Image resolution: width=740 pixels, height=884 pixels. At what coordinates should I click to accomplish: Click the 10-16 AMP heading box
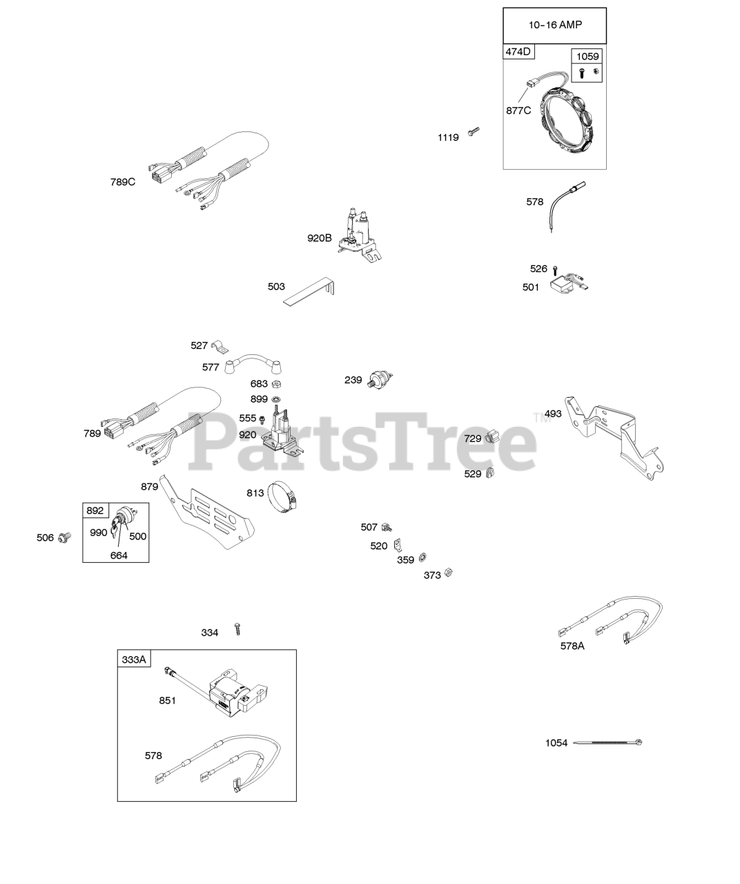pos(555,26)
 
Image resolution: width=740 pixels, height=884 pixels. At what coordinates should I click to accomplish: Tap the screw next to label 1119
pos(474,131)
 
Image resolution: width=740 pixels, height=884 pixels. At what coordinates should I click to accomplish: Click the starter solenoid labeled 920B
pos(361,235)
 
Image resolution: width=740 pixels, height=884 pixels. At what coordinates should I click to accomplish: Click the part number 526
pos(538,269)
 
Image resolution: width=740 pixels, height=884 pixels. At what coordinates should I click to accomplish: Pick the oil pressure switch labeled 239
pos(380,378)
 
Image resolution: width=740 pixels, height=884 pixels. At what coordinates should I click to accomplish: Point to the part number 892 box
pos(95,510)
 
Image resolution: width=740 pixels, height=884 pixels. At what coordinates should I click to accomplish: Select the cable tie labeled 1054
pos(608,742)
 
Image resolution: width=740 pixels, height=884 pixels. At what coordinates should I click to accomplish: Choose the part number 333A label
pos(134,660)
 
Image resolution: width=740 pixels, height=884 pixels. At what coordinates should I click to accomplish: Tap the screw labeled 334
pos(237,628)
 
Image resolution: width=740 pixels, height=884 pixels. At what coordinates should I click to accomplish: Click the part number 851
pos(167,700)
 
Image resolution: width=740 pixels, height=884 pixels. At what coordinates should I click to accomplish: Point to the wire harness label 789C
pos(123,182)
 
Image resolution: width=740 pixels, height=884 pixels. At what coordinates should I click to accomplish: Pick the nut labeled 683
pos(275,384)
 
